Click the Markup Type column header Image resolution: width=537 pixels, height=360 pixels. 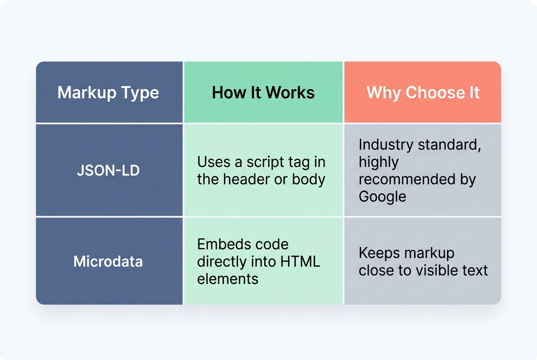[108, 93]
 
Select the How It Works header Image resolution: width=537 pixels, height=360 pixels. [263, 93]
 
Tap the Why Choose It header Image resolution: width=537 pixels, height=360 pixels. [423, 93]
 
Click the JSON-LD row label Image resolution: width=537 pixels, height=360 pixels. [108, 170]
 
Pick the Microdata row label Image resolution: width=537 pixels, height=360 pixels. [108, 261]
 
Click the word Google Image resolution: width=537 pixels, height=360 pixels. [382, 197]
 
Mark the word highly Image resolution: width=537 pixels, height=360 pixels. [379, 162]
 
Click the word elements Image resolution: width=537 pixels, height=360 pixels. [228, 278]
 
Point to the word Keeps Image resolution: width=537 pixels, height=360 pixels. [379, 253]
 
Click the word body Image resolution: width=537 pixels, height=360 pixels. [308, 179]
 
